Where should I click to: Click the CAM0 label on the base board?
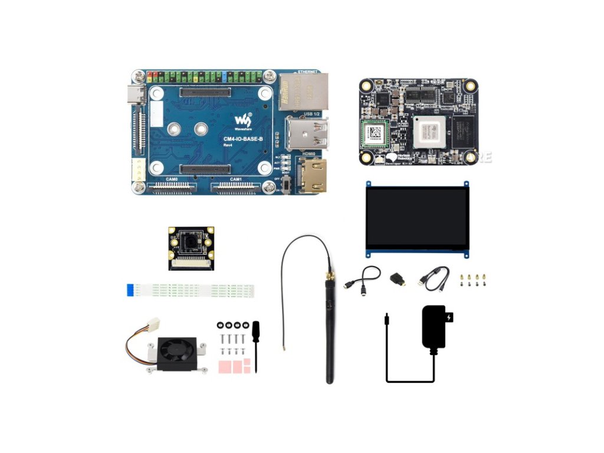171,179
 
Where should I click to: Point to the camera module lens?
191,242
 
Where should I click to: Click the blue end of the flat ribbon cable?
130,290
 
